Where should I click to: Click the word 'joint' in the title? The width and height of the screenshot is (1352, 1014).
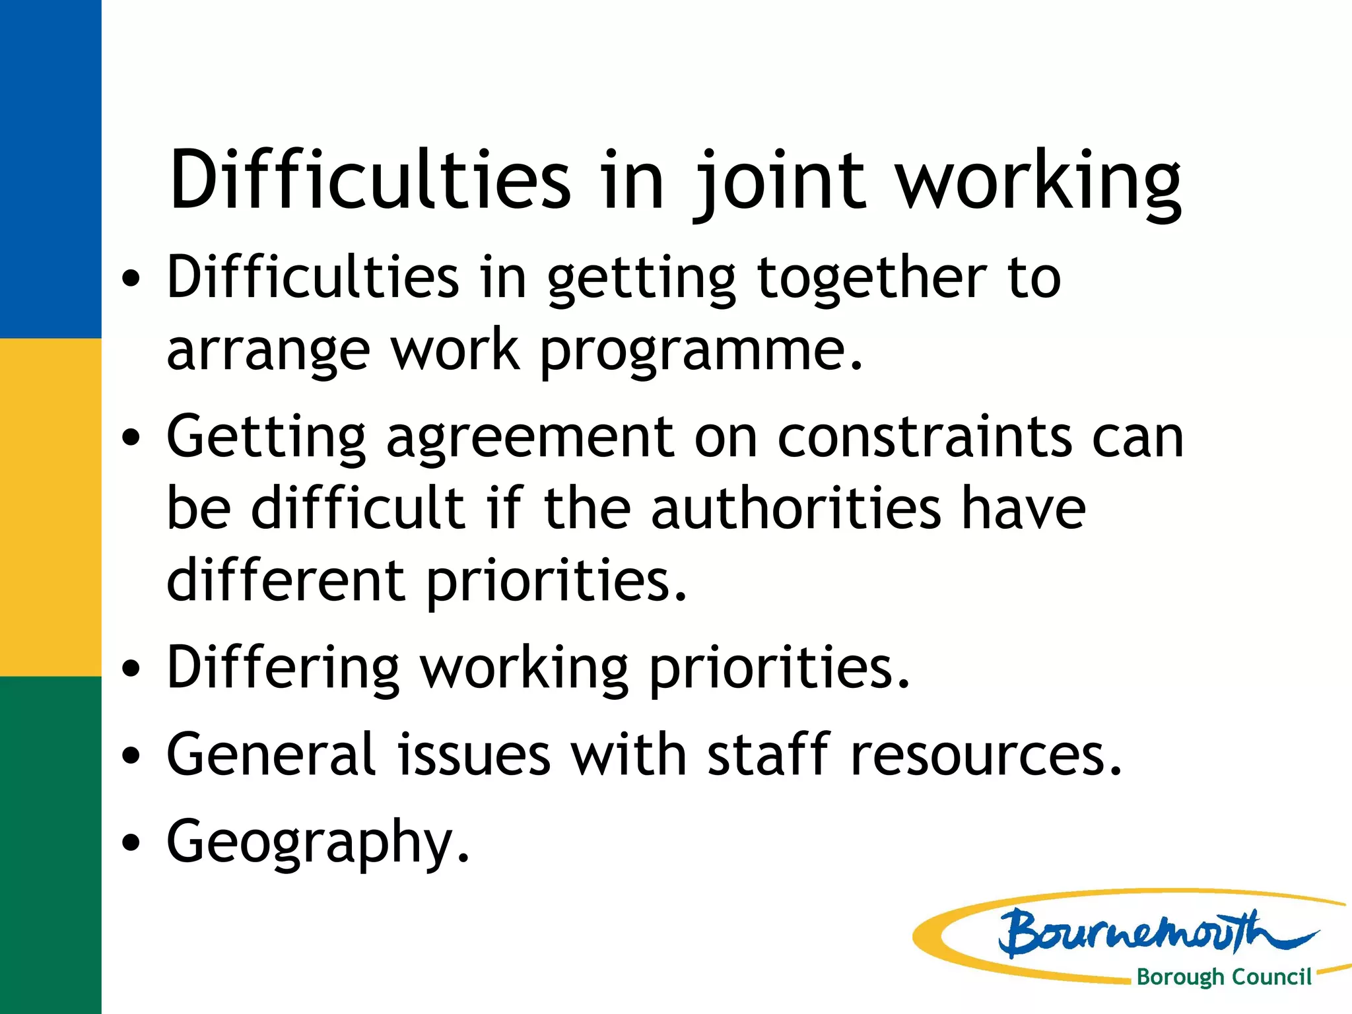pos(779,182)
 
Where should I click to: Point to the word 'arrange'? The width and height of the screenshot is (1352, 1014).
pos(268,351)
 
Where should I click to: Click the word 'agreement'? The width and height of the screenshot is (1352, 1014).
pos(530,438)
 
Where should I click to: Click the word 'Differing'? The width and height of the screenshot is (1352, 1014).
pos(283,668)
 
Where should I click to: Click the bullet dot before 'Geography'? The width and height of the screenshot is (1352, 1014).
pos(132,843)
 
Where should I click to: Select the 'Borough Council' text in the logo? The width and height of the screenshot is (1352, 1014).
pos(1223,977)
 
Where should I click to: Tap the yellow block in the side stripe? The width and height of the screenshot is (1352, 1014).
pos(50,507)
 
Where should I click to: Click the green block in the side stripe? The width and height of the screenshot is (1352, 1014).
pos(50,845)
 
